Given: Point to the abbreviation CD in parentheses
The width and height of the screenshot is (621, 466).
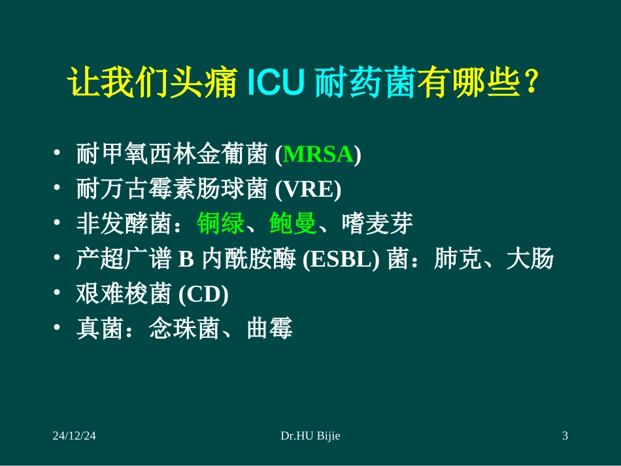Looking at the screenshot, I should tap(203, 295).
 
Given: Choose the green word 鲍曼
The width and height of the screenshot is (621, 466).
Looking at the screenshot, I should tap(293, 225).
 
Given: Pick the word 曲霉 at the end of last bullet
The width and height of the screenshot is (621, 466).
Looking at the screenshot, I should tap(269, 329).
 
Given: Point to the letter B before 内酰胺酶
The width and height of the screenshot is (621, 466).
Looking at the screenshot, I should tap(184, 260).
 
